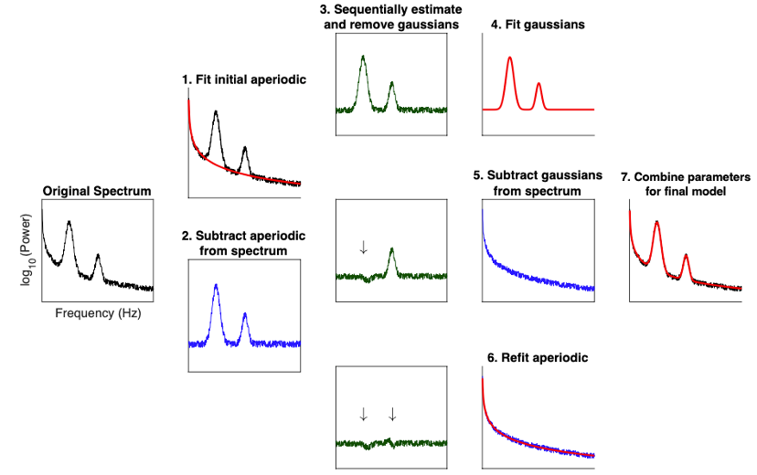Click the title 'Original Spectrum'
97,191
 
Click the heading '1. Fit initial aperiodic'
243,80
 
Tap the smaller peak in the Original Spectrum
98,257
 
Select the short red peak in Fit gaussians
538,86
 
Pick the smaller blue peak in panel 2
245,316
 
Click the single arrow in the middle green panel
363,248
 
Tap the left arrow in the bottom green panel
363,414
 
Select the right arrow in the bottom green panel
392,414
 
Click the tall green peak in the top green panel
363,59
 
